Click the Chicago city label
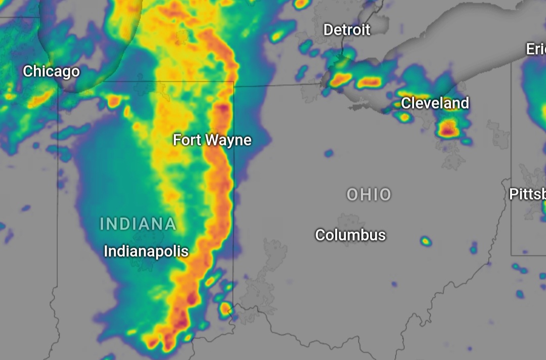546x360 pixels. pyautogui.click(x=51, y=71)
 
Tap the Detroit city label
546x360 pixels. pyautogui.click(x=347, y=30)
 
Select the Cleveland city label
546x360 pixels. pyautogui.click(x=435, y=103)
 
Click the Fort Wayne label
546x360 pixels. pyautogui.click(x=212, y=140)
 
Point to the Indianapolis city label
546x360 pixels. pyautogui.click(x=146, y=251)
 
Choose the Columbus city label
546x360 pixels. pyautogui.click(x=350, y=235)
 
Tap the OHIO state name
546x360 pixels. pyautogui.click(x=369, y=195)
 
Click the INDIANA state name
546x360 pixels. pyautogui.click(x=138, y=223)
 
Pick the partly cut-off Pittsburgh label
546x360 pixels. pyautogui.click(x=527, y=194)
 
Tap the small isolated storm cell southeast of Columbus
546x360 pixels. pyautogui.click(x=426, y=241)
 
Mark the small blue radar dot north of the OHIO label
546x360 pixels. pyautogui.click(x=329, y=153)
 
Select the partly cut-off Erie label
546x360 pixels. pyautogui.click(x=535, y=49)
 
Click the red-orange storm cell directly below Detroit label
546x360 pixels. pyautogui.click(x=341, y=78)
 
